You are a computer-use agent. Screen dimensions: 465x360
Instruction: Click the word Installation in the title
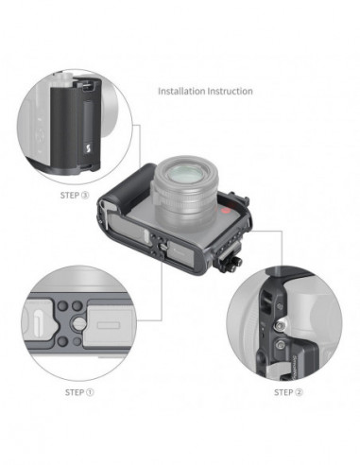tap(181, 92)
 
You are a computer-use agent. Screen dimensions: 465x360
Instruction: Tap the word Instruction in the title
tap(230, 92)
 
